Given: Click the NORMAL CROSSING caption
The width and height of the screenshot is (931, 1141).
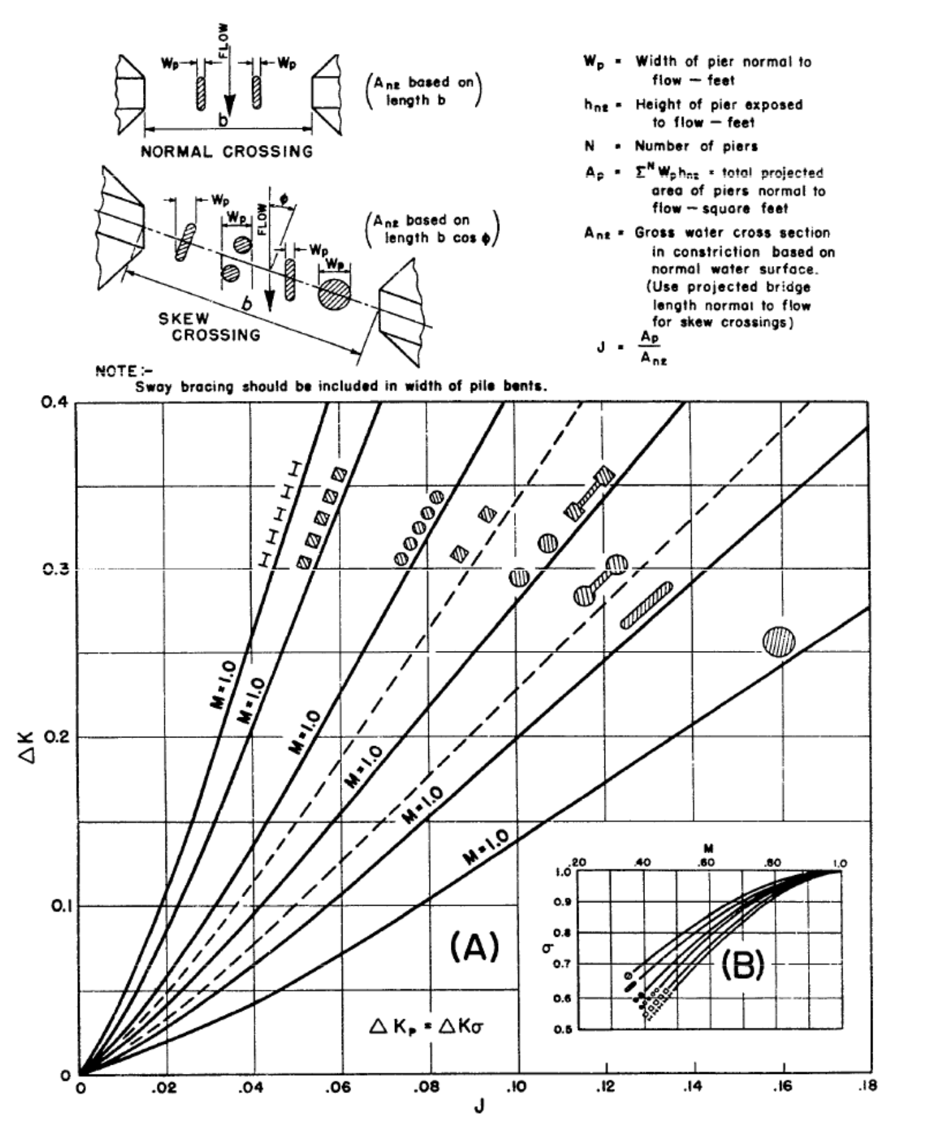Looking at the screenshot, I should [226, 152].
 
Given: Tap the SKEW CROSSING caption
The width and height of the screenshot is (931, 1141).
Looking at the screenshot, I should [208, 327].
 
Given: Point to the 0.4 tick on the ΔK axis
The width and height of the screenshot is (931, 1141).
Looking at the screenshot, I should [61, 403].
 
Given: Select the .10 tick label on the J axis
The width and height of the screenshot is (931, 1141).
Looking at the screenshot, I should [517, 1087].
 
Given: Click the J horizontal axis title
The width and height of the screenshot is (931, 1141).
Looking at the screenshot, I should [477, 1108].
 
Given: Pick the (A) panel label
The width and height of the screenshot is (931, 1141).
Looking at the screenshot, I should [474, 946].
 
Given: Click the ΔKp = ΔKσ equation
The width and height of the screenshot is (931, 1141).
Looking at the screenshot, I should [426, 1027].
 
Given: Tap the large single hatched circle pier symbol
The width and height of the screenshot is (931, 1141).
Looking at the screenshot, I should [779, 641].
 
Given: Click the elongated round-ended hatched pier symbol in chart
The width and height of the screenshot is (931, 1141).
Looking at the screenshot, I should [646, 605].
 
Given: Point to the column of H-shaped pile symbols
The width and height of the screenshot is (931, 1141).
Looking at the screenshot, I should [279, 514].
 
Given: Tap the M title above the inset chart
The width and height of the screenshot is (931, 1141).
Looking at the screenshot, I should [709, 849].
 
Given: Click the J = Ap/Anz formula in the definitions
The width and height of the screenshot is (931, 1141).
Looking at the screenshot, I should [632, 347].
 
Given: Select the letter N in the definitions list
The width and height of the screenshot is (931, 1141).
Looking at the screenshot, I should [589, 146].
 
